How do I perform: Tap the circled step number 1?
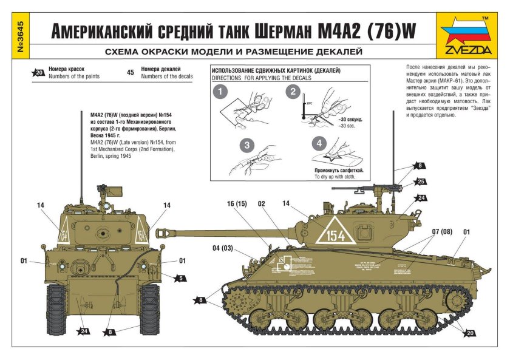pyautogui.click(x=222, y=93)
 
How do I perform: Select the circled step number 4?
pyautogui.click(x=317, y=143)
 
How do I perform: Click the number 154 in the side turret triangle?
pyautogui.click(x=335, y=234)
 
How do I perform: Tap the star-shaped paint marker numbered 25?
pyautogui.click(x=421, y=181)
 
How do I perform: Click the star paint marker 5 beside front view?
pyautogui.click(x=179, y=279)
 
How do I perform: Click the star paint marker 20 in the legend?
pyautogui.click(x=39, y=73)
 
